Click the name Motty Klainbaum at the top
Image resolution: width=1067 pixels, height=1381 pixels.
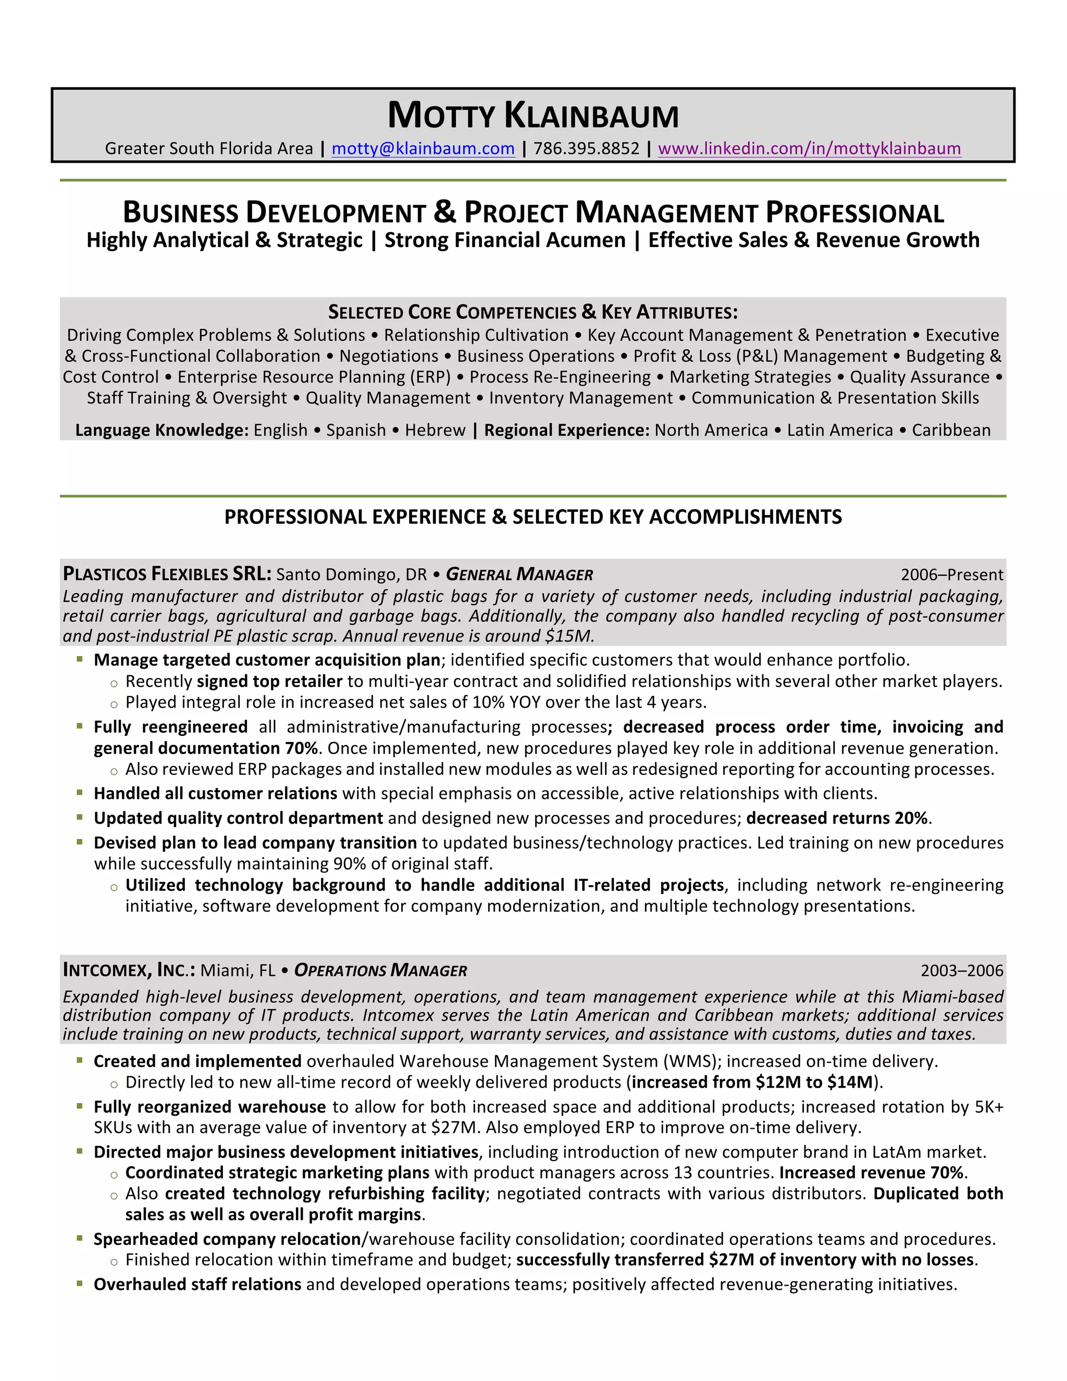[533, 116]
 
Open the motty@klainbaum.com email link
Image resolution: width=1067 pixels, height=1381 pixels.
[423, 149]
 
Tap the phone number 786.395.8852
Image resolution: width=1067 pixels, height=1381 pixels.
[586, 149]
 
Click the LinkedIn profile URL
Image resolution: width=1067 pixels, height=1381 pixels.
[809, 149]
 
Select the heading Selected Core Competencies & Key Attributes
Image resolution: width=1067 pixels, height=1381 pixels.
[533, 312]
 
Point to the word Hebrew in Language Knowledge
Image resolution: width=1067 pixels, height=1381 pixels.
[435, 430]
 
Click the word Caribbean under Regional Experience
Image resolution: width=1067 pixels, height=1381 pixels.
[951, 430]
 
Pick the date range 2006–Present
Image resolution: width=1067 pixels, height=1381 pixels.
[951, 575]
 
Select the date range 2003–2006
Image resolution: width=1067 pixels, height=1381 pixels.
[961, 971]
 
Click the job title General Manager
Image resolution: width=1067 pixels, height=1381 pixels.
[519, 575]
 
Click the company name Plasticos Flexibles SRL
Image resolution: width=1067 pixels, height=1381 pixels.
[167, 574]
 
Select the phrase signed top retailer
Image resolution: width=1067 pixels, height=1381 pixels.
[269, 682]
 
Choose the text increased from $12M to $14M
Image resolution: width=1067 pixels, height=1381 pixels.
[752, 1082]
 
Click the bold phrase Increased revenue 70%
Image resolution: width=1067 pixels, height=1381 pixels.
[872, 1173]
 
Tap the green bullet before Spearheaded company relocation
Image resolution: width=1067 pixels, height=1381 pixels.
[80, 1238]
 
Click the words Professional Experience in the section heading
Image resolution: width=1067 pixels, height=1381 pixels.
[355, 517]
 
